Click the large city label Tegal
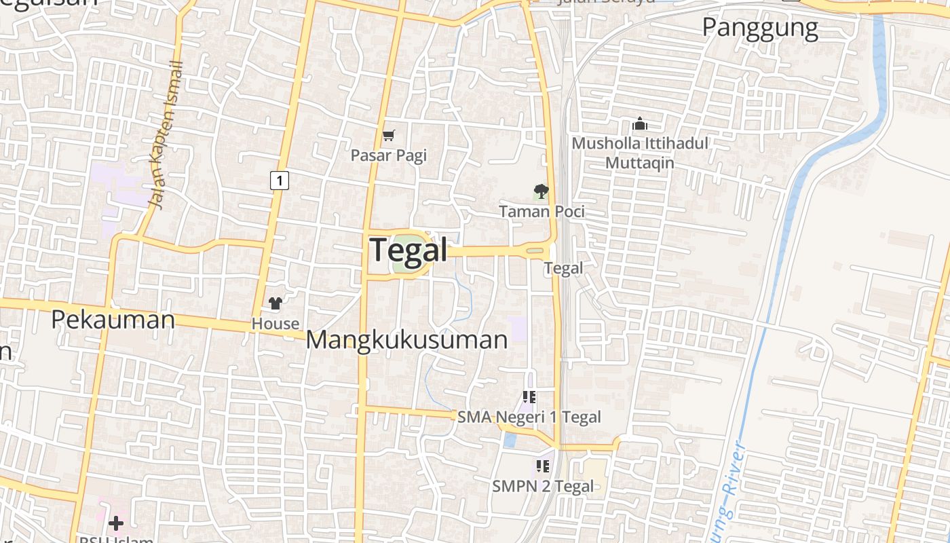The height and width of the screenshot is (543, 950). coord(408,250)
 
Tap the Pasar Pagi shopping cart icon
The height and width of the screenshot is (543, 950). coord(388,136)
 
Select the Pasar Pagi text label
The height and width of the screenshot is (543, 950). coord(388,155)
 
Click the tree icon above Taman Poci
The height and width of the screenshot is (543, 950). coord(541,191)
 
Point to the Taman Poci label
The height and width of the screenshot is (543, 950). coord(541,212)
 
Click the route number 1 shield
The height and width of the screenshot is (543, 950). coord(279,181)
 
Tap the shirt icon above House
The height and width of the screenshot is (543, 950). coord(275,303)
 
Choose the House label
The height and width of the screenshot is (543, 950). coord(275,324)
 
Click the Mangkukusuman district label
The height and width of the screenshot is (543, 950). coord(406,339)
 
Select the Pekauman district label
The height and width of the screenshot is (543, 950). coord(113,319)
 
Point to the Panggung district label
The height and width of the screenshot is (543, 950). coord(759,28)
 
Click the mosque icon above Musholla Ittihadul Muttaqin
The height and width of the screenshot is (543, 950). coord(639,124)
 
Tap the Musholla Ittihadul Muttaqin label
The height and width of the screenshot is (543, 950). coord(639,153)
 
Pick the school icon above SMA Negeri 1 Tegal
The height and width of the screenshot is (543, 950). coord(529,397)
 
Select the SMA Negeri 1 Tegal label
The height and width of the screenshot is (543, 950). coord(529,417)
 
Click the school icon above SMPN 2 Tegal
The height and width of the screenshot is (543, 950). coord(542,466)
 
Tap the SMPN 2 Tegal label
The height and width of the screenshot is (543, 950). coord(542,486)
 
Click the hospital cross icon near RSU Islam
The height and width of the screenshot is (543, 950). coord(116,523)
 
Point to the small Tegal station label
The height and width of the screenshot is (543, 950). coord(563,268)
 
